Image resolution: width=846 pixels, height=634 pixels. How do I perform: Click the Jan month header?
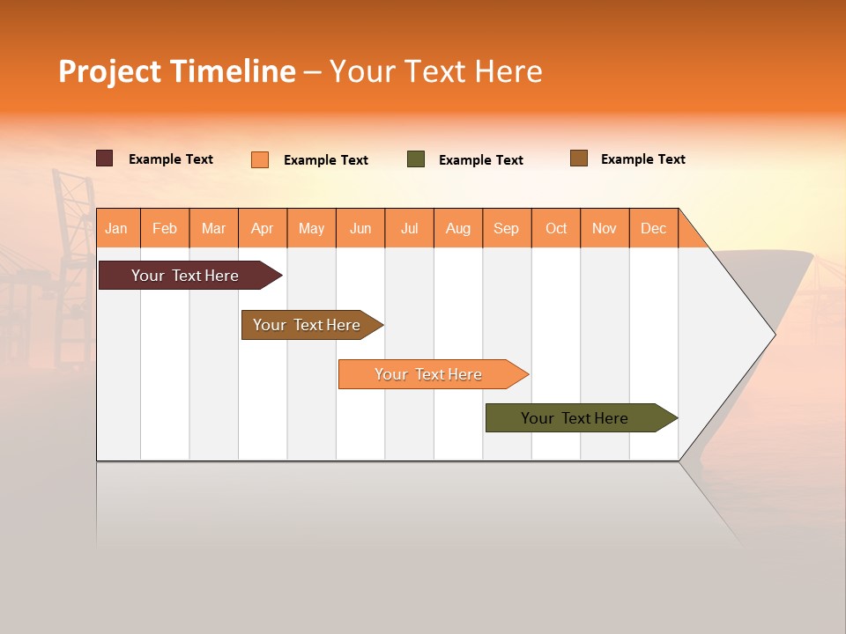(x=116, y=228)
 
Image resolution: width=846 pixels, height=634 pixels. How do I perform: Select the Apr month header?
(x=263, y=228)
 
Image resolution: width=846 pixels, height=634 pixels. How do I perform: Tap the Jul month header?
(x=410, y=228)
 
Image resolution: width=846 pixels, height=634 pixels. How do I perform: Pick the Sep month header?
(x=506, y=228)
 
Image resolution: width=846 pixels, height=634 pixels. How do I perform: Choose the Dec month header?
(x=653, y=228)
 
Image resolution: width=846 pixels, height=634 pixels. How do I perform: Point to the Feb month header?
(x=165, y=228)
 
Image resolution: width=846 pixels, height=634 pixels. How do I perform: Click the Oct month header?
(x=556, y=228)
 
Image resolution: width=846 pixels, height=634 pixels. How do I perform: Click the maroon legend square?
(x=105, y=158)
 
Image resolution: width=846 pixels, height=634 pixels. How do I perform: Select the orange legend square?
(x=260, y=159)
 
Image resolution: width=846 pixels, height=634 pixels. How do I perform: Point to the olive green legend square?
(x=416, y=159)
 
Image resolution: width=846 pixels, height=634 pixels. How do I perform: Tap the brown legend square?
(x=579, y=158)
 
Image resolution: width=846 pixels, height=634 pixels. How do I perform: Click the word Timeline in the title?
(x=232, y=71)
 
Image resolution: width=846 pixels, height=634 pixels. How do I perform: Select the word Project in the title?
(x=110, y=71)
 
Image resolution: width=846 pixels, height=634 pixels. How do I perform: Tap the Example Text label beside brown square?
(x=642, y=159)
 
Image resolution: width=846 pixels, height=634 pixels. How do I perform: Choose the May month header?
(x=311, y=228)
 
